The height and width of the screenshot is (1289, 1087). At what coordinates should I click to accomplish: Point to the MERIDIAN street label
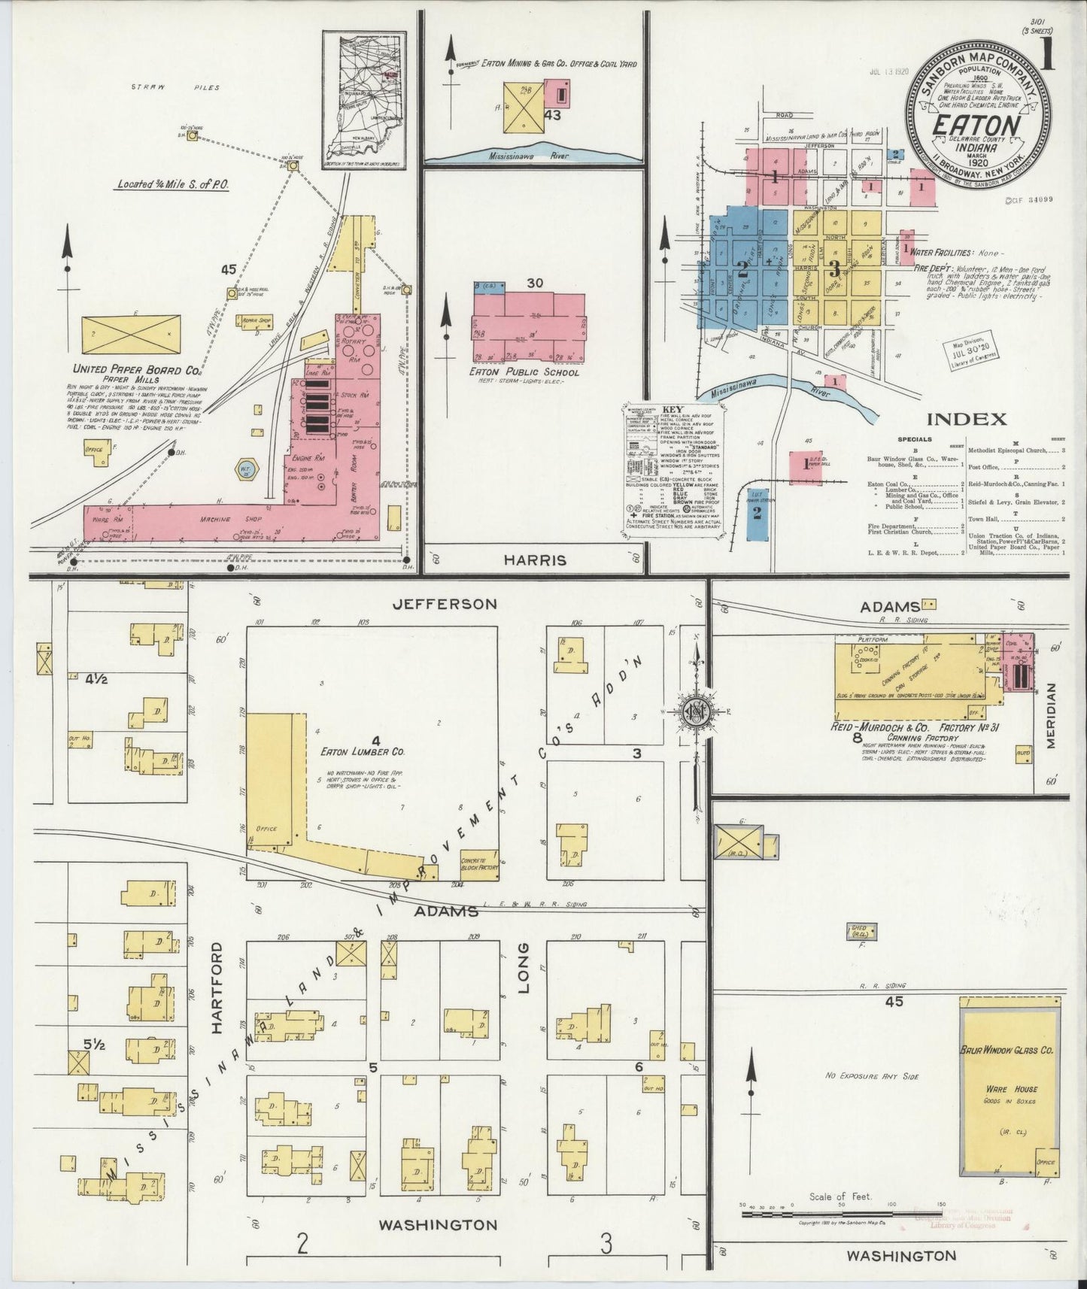tap(1052, 715)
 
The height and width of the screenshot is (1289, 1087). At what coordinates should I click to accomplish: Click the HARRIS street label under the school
tap(536, 560)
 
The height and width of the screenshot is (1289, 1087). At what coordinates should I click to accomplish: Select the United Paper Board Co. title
tap(135, 370)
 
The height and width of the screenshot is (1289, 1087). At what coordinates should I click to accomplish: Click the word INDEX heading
tap(967, 420)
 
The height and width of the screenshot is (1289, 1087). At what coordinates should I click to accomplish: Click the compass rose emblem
tap(697, 710)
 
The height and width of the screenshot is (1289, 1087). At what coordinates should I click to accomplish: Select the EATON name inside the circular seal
tap(976, 126)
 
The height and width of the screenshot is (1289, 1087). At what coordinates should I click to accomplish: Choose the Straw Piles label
tap(175, 88)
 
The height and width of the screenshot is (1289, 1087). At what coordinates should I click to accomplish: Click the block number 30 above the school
tap(535, 284)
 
